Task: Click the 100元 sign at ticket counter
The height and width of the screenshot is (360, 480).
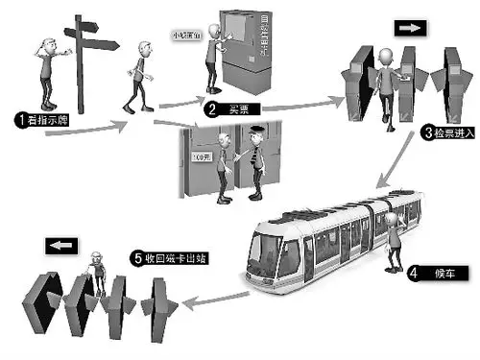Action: (200, 155)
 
